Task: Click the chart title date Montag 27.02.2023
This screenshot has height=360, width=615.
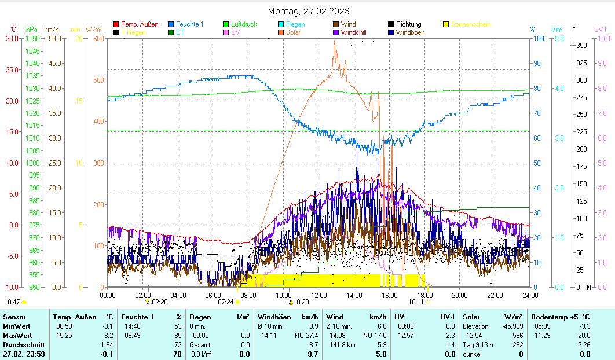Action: click(x=309, y=11)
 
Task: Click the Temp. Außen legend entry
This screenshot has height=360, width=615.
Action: click(x=139, y=24)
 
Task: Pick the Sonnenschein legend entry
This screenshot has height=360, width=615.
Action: click(x=471, y=24)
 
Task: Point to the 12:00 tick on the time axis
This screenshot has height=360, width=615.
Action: click(x=319, y=295)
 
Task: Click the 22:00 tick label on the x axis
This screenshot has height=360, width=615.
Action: click(x=495, y=295)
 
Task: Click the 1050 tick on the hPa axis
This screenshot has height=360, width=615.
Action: click(x=33, y=38)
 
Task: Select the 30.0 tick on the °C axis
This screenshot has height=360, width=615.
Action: click(x=12, y=38)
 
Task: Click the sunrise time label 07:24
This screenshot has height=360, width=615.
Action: click(x=225, y=302)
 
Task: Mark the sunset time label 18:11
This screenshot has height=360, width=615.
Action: click(x=416, y=302)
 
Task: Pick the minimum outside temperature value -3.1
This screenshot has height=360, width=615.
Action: click(x=108, y=326)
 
